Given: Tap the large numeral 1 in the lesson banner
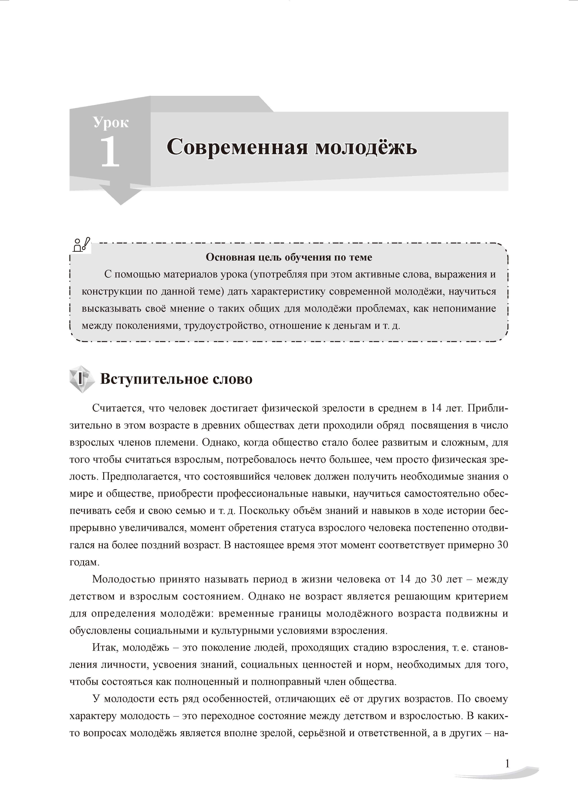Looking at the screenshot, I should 110,152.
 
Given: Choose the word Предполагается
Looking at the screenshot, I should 140,476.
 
